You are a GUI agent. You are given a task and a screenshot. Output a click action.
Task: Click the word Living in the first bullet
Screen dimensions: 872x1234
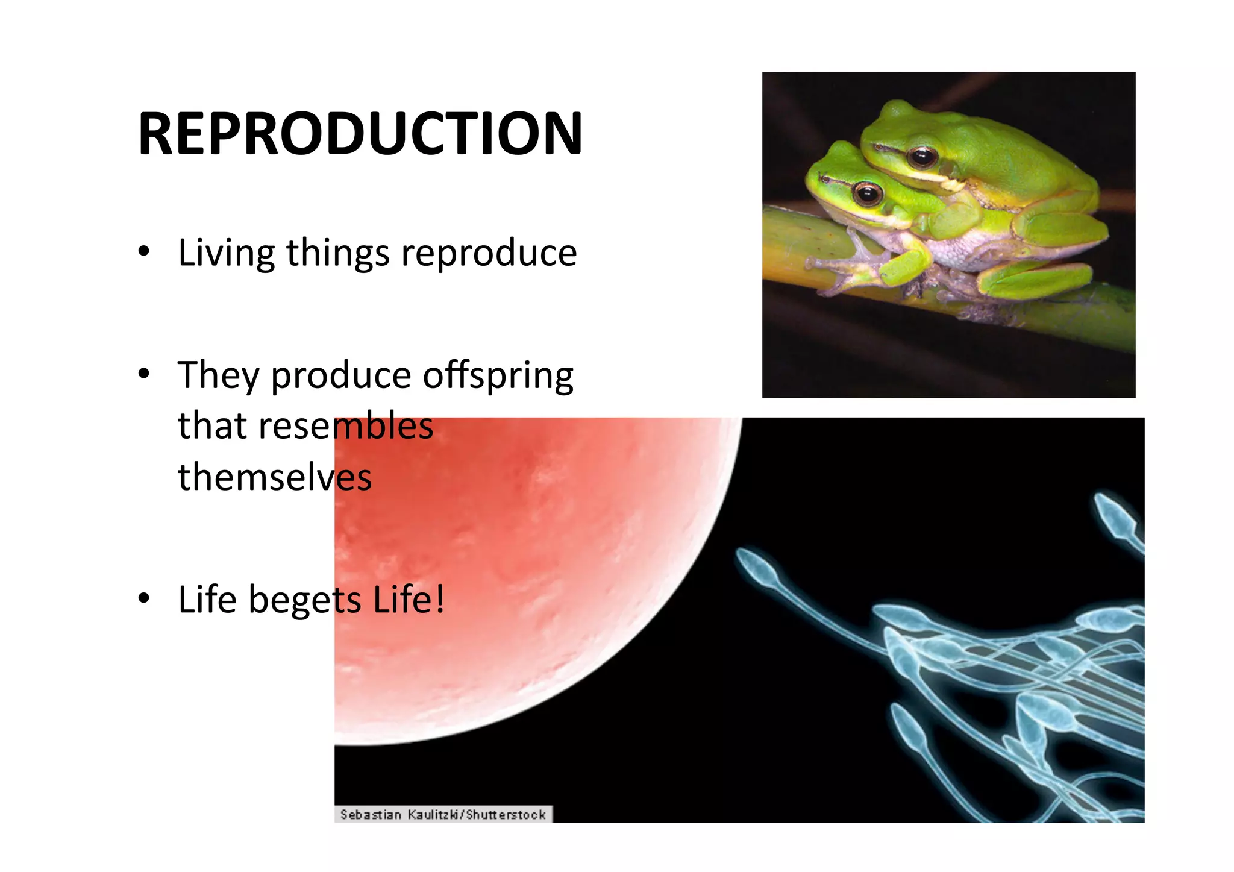(226, 253)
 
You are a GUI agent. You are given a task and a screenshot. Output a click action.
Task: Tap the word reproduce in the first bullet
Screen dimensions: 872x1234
(489, 253)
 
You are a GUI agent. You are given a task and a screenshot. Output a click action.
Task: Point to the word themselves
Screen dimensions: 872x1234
(275, 477)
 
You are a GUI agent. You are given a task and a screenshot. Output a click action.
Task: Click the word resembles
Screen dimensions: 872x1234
(346, 426)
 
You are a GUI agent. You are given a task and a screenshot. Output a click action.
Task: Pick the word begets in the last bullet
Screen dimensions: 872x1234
(304, 600)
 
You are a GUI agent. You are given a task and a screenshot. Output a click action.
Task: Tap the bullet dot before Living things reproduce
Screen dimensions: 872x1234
(143, 252)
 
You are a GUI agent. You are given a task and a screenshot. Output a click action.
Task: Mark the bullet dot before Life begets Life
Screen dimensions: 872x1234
(143, 598)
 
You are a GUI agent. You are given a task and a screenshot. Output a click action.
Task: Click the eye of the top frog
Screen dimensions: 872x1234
(922, 157)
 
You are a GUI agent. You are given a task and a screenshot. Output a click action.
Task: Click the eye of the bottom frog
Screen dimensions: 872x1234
(868, 193)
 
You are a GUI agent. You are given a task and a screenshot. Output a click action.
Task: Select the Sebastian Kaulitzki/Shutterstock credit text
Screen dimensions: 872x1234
(443, 815)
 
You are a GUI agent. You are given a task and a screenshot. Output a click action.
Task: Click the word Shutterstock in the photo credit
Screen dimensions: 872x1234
(506, 815)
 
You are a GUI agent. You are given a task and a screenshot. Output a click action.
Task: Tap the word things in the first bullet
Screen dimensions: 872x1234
(337, 253)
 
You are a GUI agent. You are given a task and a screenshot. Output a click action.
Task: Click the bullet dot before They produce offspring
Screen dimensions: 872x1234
(143, 374)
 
